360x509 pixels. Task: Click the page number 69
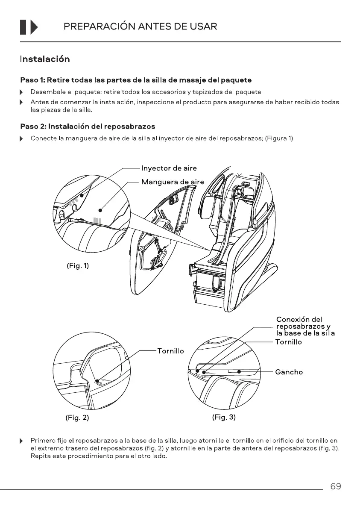click(x=335, y=486)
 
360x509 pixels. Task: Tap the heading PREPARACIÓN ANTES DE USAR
click(x=140, y=26)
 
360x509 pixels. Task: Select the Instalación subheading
click(x=44, y=59)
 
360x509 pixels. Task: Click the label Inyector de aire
click(x=169, y=168)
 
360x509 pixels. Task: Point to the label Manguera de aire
click(x=172, y=182)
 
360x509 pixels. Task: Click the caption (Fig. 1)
click(x=77, y=266)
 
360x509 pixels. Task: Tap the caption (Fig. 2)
click(x=77, y=418)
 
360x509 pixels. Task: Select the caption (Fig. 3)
click(x=224, y=417)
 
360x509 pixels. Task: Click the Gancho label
click(x=289, y=372)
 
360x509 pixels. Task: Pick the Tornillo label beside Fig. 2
click(x=170, y=351)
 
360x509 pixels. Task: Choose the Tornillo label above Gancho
click(x=288, y=342)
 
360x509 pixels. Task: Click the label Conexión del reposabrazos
click(x=305, y=327)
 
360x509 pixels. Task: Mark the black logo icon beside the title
click(x=29, y=27)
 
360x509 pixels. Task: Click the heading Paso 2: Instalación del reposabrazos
click(x=88, y=127)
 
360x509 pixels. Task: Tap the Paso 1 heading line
click(x=136, y=80)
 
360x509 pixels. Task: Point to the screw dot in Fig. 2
click(x=98, y=380)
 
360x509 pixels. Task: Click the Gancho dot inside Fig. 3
click(x=240, y=372)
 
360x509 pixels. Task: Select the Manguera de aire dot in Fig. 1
click(x=100, y=210)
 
